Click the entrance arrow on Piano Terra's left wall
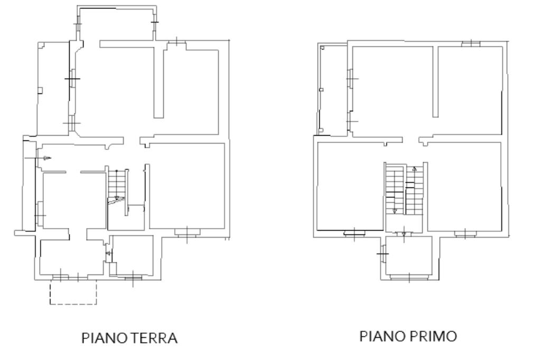(x=47, y=158)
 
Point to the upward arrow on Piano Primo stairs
(x=415, y=169)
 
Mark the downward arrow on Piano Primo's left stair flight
(x=395, y=211)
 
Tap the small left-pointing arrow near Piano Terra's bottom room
(x=109, y=253)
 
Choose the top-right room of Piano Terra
(x=191, y=91)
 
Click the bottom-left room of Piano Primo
(x=350, y=186)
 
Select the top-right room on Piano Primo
(x=470, y=90)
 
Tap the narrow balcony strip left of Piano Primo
(x=333, y=90)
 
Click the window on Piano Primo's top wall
(x=471, y=43)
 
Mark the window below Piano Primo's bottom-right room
(x=465, y=234)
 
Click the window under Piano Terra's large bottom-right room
(x=187, y=232)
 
